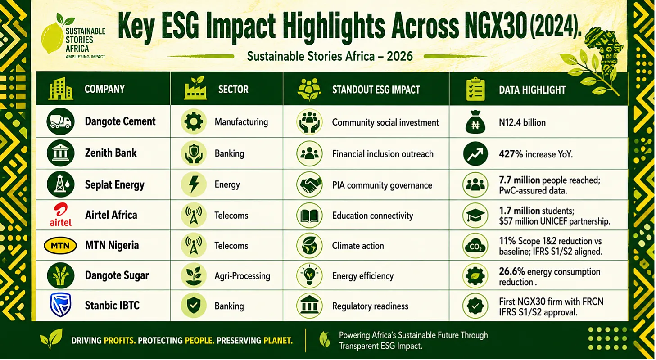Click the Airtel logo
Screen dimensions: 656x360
pos(60,215)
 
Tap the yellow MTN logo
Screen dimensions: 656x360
pos(60,245)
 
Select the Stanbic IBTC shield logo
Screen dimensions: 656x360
pos(60,305)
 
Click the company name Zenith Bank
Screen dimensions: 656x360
pos(111,153)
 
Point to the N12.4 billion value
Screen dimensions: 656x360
pos(522,122)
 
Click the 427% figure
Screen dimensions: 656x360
pos(511,154)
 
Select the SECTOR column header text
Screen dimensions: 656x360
pos(233,89)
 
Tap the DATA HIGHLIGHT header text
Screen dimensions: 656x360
pos(532,90)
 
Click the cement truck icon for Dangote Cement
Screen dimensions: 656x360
pos(61,121)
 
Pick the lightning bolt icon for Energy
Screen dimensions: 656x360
pos(194,184)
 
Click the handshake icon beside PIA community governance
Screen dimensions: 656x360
pos(309,184)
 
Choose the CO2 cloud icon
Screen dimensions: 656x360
pos(475,246)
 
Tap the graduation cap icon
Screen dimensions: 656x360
pos(475,216)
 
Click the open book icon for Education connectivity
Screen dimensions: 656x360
pos(309,216)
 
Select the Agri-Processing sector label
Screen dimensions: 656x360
pos(242,276)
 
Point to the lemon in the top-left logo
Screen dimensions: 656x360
pos(52,38)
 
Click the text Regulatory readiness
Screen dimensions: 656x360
pos(370,306)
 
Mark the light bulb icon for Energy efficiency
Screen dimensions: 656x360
pos(309,275)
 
